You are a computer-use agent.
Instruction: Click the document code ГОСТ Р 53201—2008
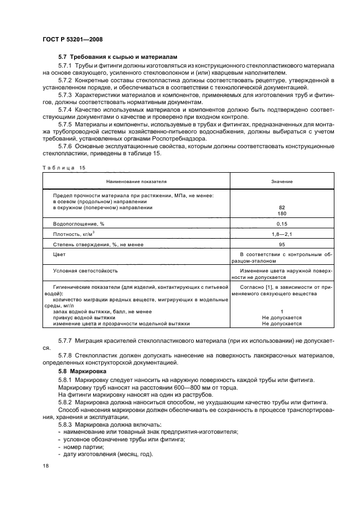(x=72, y=40)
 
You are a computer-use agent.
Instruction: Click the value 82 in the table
(x=282, y=208)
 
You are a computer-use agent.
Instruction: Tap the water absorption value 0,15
(x=282, y=224)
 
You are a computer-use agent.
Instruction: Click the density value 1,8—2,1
(x=282, y=234)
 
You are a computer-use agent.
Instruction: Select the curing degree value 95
(x=282, y=245)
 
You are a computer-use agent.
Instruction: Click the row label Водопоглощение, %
(x=78, y=224)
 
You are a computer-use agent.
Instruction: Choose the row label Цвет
(x=59, y=255)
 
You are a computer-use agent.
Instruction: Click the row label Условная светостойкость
(x=85, y=271)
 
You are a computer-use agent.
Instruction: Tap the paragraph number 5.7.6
(x=65, y=147)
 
